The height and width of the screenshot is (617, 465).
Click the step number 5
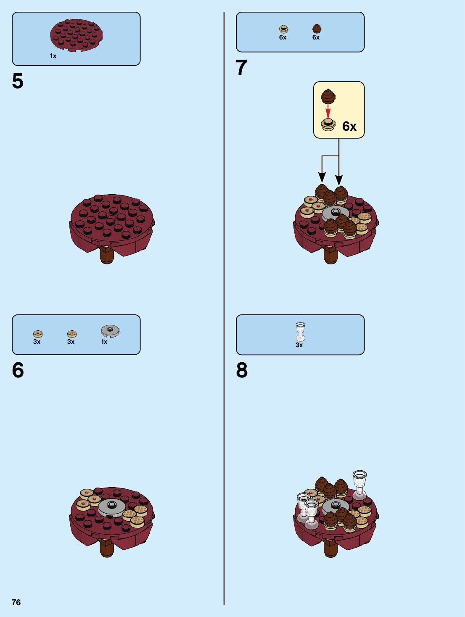18,81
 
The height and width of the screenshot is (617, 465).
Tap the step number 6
18,370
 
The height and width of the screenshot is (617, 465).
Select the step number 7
241,68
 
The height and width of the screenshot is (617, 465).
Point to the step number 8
242,370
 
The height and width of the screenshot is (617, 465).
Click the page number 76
16,602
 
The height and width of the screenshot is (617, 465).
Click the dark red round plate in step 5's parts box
77,35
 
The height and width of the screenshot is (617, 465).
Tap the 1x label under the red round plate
53,56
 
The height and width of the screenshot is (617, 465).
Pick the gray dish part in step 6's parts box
110,331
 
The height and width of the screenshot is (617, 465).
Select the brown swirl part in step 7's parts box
317,29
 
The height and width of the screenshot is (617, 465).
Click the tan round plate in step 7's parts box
284,29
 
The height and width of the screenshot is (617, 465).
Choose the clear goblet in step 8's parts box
300,332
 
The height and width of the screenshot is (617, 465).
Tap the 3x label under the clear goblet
299,345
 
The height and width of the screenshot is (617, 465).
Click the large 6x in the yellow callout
349,126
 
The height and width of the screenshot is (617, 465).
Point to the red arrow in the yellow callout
328,111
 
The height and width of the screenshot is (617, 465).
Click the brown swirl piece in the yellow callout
328,96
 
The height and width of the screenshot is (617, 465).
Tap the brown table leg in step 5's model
107,255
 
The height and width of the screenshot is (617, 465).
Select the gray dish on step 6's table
111,507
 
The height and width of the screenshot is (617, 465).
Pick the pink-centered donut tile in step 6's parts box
38,334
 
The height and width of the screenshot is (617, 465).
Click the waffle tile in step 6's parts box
72,334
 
